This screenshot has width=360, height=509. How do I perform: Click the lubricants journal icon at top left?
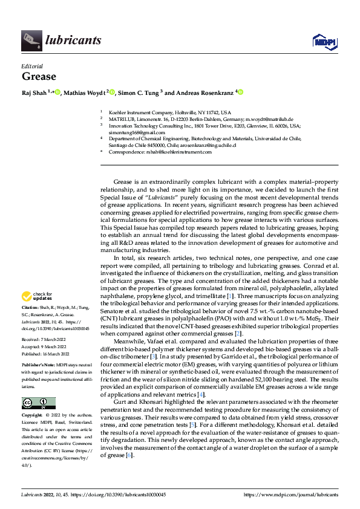[x=31, y=41]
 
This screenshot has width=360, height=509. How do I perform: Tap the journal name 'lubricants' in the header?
[x=73, y=41]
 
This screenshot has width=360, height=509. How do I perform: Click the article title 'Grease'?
[x=39, y=76]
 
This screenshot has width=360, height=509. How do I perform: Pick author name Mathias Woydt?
[x=84, y=92]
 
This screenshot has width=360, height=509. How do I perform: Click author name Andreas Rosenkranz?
[x=206, y=92]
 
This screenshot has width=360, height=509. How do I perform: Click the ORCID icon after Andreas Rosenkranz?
[x=240, y=92]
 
